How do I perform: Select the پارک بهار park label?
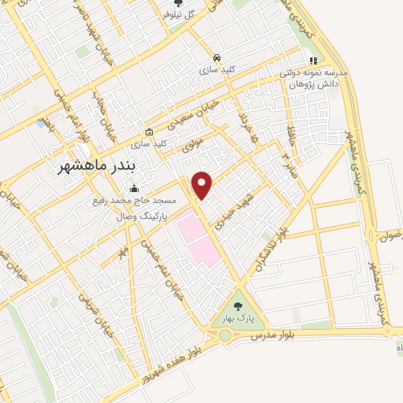click(x=238, y=317)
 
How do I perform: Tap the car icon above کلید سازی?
click(x=216, y=57)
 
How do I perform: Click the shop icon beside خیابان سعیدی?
click(x=150, y=131)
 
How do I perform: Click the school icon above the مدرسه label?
click(x=313, y=60)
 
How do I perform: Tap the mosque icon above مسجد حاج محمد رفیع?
click(x=134, y=188)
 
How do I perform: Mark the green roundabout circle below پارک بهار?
click(x=225, y=336)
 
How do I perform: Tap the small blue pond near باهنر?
click(x=40, y=124)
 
